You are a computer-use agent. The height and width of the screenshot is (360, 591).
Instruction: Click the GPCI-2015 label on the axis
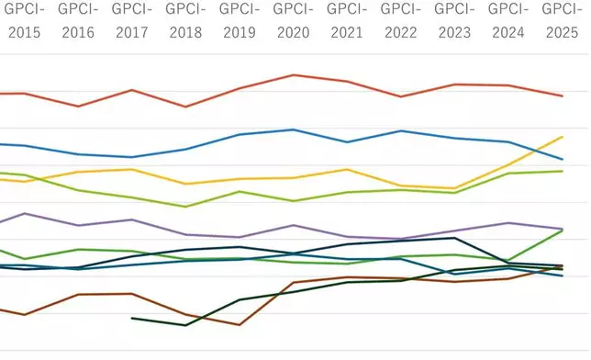(24, 20)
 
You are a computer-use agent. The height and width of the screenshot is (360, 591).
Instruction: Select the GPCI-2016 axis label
(78, 20)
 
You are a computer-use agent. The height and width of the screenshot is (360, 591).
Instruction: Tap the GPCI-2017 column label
(132, 20)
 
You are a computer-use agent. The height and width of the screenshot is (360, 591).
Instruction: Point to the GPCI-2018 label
(186, 20)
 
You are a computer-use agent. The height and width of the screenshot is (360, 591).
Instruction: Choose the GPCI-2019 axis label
(240, 20)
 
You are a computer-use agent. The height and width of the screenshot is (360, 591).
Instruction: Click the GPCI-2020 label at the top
(293, 20)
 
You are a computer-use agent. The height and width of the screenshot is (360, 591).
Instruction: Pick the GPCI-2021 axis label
(347, 20)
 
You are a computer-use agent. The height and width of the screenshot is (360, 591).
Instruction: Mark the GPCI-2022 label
(400, 20)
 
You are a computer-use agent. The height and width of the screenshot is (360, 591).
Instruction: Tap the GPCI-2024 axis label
(507, 20)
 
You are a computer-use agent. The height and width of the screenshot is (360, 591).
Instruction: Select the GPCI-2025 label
(562, 20)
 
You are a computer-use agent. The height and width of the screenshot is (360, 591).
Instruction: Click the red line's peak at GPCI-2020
(293, 74)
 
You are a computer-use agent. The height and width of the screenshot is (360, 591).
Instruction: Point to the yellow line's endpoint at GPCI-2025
(562, 137)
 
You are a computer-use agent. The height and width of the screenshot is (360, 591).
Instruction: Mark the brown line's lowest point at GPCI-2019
(240, 324)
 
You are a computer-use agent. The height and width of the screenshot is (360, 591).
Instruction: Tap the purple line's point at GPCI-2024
(507, 223)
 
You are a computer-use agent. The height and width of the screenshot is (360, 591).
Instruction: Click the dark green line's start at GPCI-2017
(132, 318)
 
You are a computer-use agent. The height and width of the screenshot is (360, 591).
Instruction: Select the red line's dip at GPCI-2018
(186, 107)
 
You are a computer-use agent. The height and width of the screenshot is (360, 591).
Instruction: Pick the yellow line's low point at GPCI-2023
(454, 188)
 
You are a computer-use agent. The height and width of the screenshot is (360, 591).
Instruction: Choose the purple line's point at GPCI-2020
(293, 225)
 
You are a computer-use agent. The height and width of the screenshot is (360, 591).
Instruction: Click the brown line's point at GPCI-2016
(78, 295)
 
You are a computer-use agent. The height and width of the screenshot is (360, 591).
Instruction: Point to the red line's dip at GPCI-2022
(400, 96)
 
